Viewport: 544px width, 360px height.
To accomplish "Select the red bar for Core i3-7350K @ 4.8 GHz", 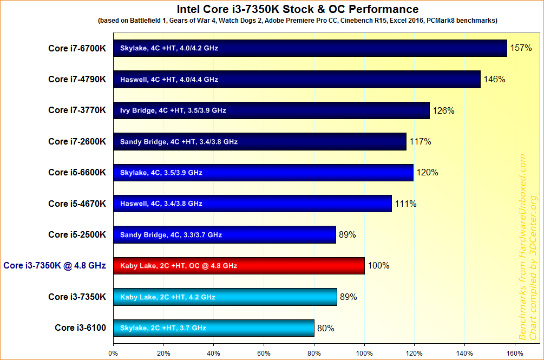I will pyautogui.click(x=239, y=266).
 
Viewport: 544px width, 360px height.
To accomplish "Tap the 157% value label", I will pyautogui.click(x=521, y=48).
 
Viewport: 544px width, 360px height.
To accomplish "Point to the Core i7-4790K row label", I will pyautogui.click(x=77, y=80).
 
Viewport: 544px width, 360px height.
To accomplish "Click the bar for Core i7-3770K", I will pyautogui.click(x=271, y=110).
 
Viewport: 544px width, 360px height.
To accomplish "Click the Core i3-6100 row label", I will pyautogui.click(x=80, y=328).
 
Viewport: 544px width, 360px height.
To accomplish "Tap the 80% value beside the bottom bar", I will pyautogui.click(x=326, y=328).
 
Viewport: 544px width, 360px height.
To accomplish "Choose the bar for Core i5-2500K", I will pyautogui.click(x=224, y=235).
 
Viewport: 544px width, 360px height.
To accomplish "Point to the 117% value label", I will pyautogui.click(x=420, y=142).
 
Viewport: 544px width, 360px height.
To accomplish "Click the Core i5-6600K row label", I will pyautogui.click(x=77, y=173).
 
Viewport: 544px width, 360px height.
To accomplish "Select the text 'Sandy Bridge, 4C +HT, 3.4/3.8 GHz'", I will pyautogui.click(x=179, y=142).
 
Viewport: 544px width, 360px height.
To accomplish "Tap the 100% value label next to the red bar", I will pyautogui.click(x=379, y=266).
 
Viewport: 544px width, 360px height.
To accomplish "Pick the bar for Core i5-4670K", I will pyautogui.click(x=252, y=204).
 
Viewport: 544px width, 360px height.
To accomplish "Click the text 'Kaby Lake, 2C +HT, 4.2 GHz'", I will pyautogui.click(x=168, y=297).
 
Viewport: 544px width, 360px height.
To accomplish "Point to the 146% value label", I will pyautogui.click(x=494, y=80).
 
